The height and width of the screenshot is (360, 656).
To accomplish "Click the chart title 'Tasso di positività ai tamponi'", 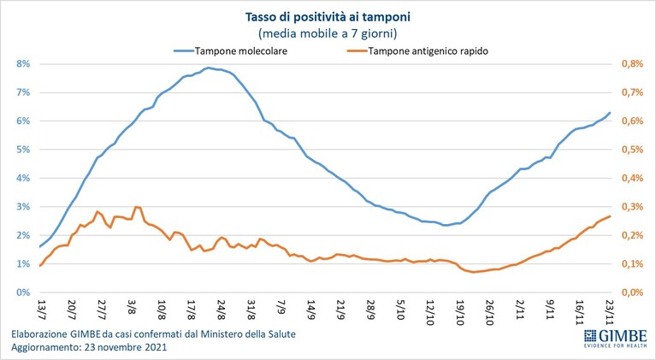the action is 328,17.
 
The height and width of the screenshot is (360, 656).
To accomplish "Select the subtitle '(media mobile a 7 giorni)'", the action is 328,33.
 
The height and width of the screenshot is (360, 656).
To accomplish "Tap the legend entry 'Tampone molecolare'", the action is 241,51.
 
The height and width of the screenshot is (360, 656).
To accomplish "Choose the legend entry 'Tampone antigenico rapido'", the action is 428,51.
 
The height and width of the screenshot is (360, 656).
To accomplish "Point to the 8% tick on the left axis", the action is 23,64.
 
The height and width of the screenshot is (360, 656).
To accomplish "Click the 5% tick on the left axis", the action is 23,150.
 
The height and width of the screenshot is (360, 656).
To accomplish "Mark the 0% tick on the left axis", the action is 23,292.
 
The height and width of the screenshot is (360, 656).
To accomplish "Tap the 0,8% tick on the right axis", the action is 632,64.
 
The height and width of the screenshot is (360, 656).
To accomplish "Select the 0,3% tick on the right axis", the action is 632,207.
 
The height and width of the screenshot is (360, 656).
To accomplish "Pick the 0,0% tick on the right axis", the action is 632,292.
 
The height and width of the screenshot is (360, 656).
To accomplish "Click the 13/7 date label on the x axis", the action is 41,309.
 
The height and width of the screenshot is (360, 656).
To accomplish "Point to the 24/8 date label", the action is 221,309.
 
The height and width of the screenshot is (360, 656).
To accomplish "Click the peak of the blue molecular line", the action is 208,68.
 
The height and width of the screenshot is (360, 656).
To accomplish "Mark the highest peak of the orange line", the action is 136,207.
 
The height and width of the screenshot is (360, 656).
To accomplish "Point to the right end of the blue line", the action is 610,113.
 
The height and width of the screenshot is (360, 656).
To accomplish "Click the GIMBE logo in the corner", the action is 616,338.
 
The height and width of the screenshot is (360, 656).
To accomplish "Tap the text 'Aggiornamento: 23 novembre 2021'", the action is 89,347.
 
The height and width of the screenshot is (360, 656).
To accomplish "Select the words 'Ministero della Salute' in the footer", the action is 248,334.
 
